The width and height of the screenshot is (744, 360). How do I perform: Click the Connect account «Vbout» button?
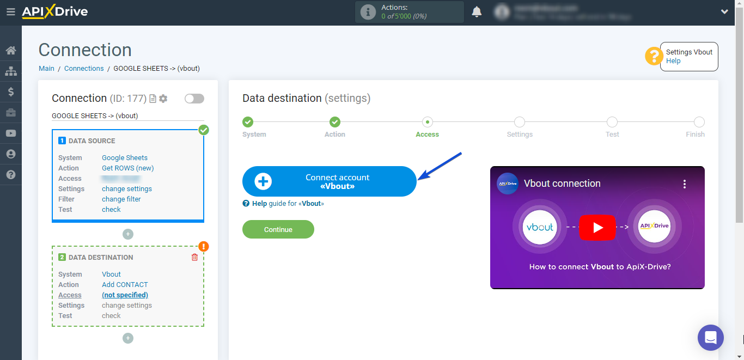tap(329, 181)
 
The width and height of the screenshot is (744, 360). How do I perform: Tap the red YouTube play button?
tap(597, 228)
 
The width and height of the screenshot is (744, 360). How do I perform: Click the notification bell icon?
tap(477, 12)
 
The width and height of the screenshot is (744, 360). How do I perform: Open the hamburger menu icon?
tap(10, 11)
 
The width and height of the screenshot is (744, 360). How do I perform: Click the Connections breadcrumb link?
tap(84, 69)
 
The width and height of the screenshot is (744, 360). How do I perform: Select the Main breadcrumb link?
tap(46, 69)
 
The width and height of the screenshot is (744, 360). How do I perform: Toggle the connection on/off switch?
tap(194, 99)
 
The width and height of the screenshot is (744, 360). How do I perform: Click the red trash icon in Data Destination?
tap(194, 257)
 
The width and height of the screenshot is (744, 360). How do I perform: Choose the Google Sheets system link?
tap(125, 158)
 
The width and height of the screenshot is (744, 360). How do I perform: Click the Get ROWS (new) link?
tap(127, 168)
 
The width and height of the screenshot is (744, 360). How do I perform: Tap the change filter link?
tap(121, 199)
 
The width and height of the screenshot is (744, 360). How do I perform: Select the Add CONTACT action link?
tap(125, 285)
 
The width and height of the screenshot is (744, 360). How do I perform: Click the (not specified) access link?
tap(125, 295)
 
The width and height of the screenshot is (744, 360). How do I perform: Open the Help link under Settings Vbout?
tap(673, 61)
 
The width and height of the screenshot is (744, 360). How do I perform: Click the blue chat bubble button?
tap(710, 338)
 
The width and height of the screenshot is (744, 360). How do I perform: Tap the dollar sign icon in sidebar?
tap(10, 92)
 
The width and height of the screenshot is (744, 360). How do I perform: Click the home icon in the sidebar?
tap(10, 51)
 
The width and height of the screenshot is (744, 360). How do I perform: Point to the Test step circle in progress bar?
tap(612, 122)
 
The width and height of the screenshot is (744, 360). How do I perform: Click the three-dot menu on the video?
tap(685, 184)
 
